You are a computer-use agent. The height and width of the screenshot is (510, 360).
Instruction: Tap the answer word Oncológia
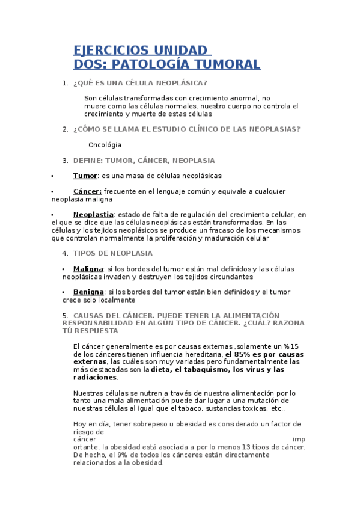click(x=105, y=145)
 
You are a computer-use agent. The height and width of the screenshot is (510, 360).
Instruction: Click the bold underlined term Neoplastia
click(x=93, y=215)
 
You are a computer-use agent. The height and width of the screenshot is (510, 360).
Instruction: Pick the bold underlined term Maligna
click(x=88, y=269)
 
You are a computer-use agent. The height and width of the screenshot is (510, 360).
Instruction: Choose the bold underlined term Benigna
click(x=89, y=292)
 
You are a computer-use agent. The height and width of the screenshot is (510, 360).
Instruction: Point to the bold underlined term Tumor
click(x=85, y=176)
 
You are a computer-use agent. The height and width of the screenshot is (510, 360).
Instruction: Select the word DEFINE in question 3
click(x=87, y=161)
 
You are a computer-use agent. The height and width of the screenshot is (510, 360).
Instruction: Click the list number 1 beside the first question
click(x=65, y=83)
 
